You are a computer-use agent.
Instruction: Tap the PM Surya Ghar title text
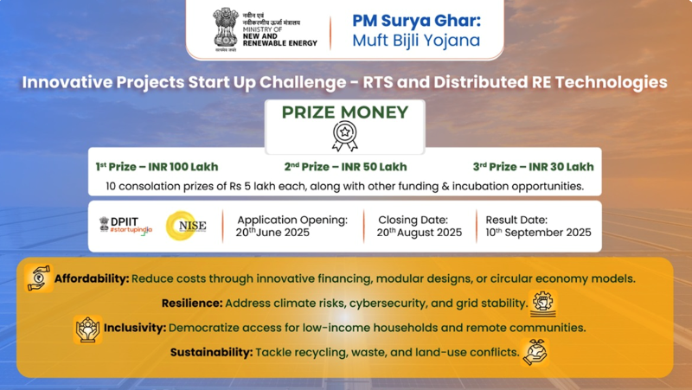pyautogui.click(x=415, y=19)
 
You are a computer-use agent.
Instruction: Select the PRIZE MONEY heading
pyautogui.click(x=345, y=112)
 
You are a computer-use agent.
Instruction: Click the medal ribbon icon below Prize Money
pyautogui.click(x=345, y=136)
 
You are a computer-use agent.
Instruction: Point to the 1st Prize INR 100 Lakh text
pyautogui.click(x=157, y=167)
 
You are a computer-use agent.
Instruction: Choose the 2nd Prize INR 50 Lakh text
pyautogui.click(x=345, y=167)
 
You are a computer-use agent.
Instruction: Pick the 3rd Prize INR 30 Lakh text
pyautogui.click(x=533, y=167)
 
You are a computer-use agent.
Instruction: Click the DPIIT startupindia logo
pyautogui.click(x=125, y=226)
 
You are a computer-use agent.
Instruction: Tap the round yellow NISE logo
pyautogui.click(x=186, y=226)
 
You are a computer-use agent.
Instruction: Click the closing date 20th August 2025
pyautogui.click(x=420, y=233)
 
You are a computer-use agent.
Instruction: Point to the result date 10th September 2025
pyautogui.click(x=538, y=233)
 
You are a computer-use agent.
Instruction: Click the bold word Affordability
pyautogui.click(x=92, y=279)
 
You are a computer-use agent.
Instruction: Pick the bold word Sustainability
pyautogui.click(x=211, y=353)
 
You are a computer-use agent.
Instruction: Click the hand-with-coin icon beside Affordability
pyautogui.click(x=39, y=278)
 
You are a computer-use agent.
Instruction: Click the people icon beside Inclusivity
pyautogui.click(x=87, y=329)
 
